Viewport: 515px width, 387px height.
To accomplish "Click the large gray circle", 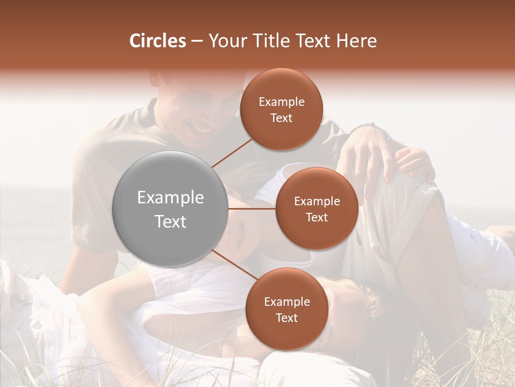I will [171, 209].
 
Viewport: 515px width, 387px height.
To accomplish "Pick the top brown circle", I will [282, 109].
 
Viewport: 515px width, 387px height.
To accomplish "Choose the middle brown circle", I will [317, 209].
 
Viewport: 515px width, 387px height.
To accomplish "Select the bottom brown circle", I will [286, 309].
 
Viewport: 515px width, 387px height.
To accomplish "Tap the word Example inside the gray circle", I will [171, 198].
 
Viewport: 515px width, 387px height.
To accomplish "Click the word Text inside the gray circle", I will [171, 221].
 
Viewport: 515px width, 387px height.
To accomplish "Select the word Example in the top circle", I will [282, 102].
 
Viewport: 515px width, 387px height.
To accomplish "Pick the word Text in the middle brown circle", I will [317, 217].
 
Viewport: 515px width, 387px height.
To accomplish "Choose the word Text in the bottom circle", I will [286, 318].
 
